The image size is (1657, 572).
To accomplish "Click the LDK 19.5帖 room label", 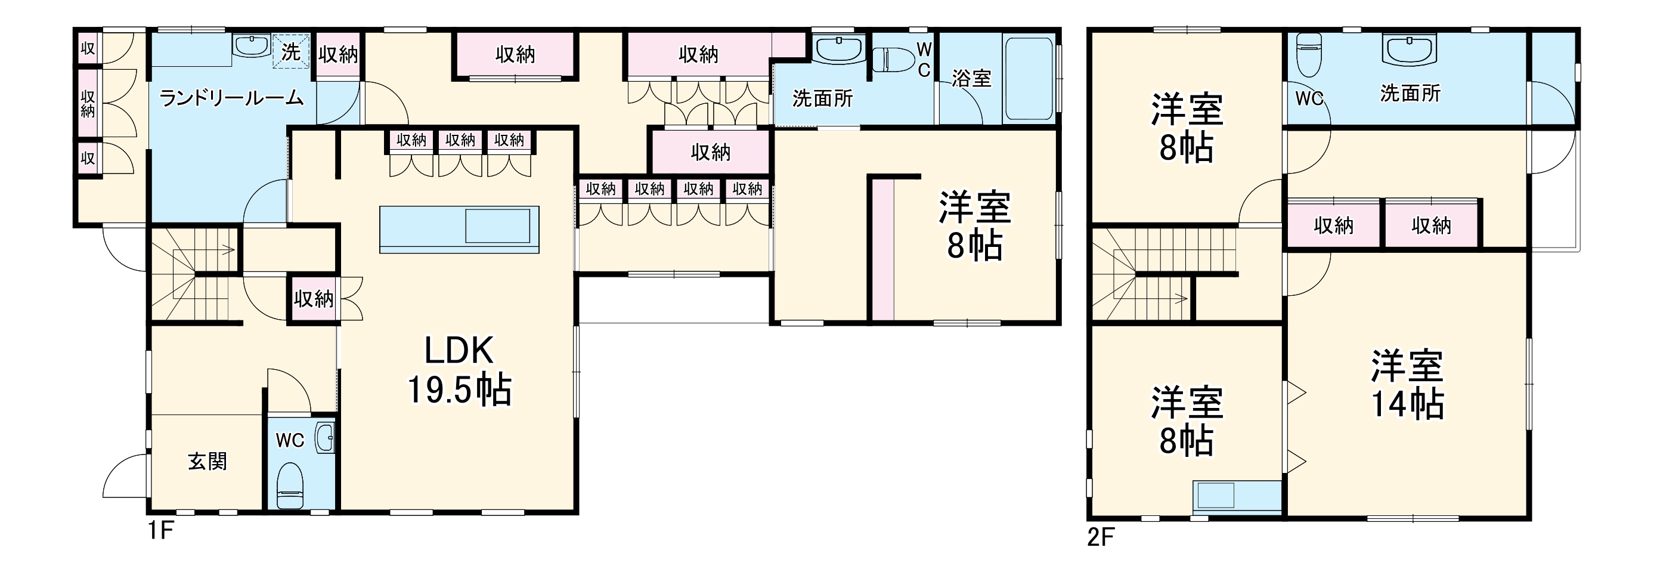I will (x=459, y=370).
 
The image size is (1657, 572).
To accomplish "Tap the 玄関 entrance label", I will (x=207, y=461).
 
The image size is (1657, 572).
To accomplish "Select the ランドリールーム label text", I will (x=231, y=98).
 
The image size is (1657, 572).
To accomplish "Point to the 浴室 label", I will (x=971, y=79).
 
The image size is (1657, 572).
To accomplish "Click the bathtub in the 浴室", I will (x=1029, y=79).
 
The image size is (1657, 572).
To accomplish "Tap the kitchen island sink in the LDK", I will (x=497, y=226).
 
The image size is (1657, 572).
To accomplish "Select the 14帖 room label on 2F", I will (x=1407, y=385).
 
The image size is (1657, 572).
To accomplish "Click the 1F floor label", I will (x=161, y=531).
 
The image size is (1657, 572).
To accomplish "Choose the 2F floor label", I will (x=1101, y=537).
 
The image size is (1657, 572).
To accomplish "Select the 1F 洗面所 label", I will (x=822, y=98).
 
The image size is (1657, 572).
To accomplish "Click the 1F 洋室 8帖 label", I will (x=974, y=227).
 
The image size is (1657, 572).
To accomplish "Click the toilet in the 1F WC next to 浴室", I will (x=893, y=59).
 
